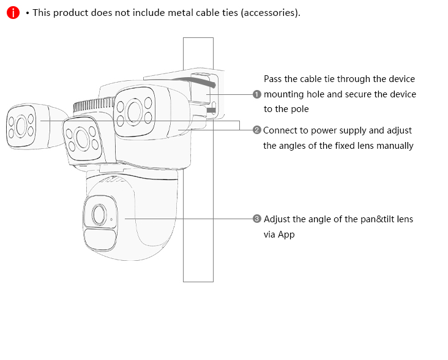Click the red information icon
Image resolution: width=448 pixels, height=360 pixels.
13,12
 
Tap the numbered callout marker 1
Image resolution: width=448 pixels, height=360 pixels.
257,94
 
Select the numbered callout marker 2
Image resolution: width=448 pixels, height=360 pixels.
257,130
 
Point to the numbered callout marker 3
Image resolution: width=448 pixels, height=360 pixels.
257,219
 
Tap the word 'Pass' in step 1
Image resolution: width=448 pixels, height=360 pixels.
273,79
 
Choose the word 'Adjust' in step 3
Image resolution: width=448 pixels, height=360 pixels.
277,219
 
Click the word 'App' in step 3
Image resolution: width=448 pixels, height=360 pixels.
286,234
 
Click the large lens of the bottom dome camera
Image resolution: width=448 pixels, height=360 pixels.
99,214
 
